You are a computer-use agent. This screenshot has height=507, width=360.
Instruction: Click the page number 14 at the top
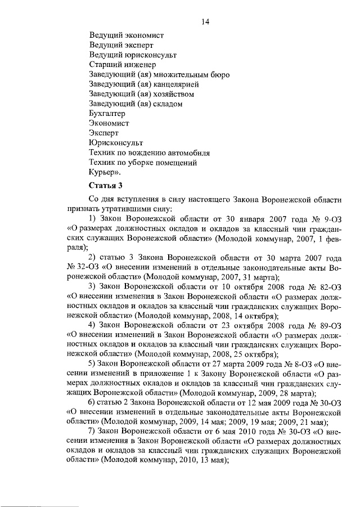[205, 22]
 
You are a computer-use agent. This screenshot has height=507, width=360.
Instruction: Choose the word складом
[169, 104]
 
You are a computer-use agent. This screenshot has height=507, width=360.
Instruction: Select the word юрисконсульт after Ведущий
[150, 55]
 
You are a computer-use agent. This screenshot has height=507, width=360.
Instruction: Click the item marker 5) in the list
[93, 365]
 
